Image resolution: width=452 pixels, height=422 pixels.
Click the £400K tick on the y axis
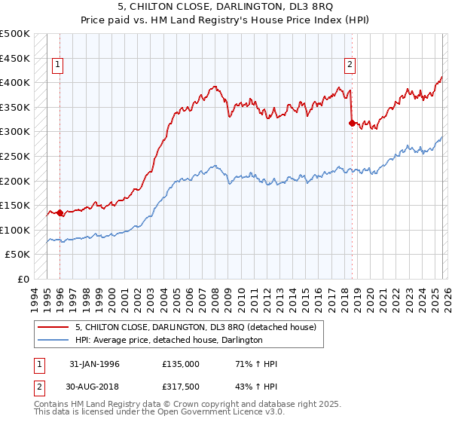15,83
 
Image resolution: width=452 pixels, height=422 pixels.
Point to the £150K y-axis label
15,206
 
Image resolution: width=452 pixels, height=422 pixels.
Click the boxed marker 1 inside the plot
59,66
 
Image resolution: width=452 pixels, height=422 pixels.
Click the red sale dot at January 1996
60,213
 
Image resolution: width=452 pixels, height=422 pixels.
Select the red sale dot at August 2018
352,124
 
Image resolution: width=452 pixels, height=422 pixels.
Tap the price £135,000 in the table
180,364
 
